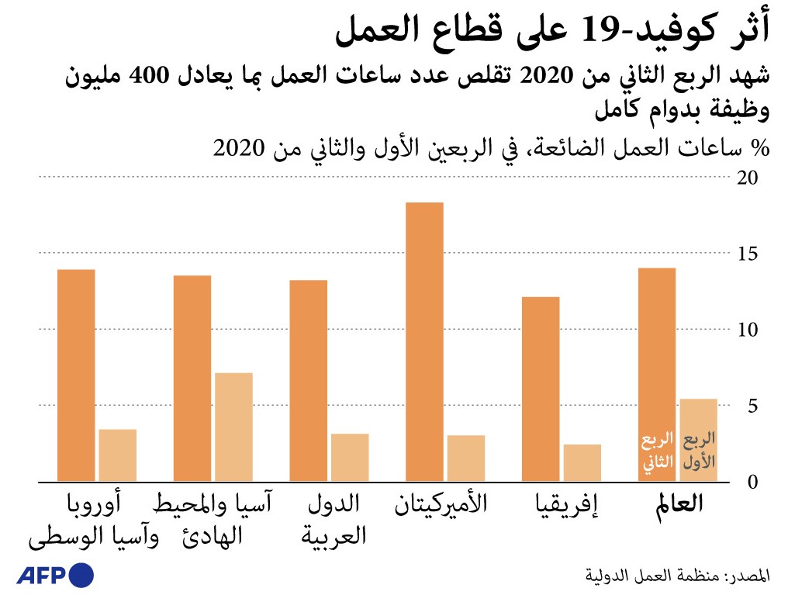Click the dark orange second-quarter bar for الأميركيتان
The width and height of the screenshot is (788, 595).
(x=424, y=341)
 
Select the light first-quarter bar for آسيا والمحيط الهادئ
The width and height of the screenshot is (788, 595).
(x=233, y=427)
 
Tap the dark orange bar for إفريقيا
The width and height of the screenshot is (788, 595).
(x=541, y=389)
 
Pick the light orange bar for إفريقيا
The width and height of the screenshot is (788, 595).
(x=582, y=462)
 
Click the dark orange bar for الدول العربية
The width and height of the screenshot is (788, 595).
(x=308, y=380)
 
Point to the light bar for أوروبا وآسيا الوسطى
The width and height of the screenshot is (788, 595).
(x=118, y=455)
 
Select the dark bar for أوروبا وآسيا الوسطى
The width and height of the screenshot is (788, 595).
(x=76, y=375)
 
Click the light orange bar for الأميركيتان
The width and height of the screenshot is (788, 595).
(x=466, y=458)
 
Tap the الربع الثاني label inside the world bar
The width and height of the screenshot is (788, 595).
(x=657, y=452)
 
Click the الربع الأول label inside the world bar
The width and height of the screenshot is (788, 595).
(x=699, y=452)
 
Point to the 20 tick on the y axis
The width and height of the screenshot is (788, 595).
(x=748, y=178)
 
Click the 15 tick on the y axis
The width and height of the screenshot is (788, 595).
(x=748, y=254)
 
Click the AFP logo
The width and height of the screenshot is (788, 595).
(x=55, y=576)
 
